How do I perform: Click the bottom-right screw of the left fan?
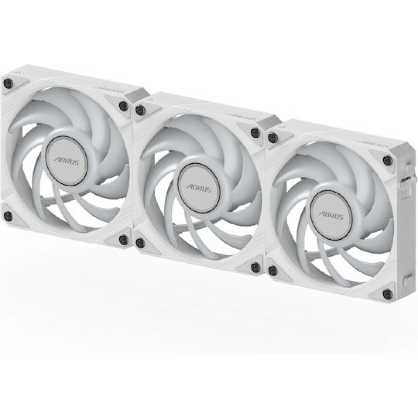click(122, 239)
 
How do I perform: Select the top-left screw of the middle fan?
click(140, 110)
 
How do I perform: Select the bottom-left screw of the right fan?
click(272, 269)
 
